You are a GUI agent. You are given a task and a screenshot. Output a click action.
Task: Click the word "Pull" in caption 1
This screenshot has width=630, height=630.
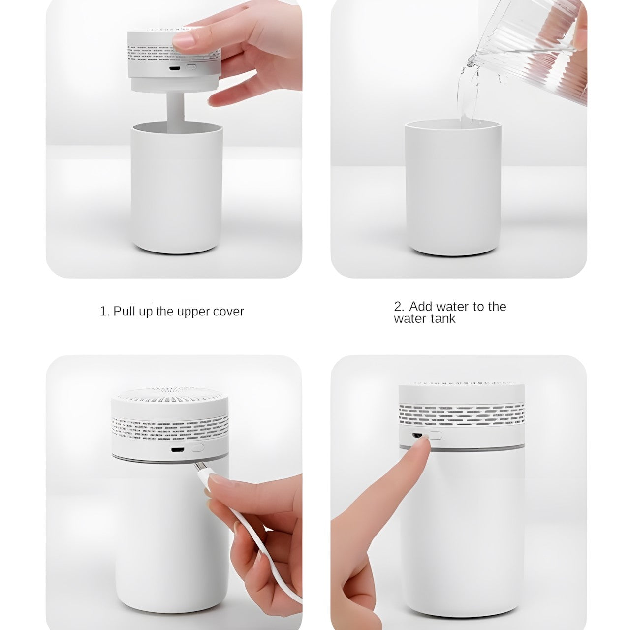click(x=125, y=312)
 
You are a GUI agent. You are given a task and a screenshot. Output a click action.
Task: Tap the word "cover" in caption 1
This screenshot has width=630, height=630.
click(x=228, y=312)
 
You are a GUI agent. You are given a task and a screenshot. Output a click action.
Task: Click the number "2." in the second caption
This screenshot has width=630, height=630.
click(x=399, y=306)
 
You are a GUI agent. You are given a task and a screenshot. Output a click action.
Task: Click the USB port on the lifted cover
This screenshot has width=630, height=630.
click(x=174, y=69)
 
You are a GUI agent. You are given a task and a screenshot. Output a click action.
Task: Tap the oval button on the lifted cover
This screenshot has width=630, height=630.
click(x=190, y=67)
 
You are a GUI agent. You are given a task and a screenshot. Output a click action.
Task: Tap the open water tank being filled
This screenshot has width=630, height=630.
click(x=453, y=188)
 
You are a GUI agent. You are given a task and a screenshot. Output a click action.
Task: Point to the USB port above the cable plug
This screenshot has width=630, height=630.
click(x=176, y=449)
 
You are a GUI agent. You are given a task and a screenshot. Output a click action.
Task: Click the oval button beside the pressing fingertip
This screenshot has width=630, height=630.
click(x=436, y=435)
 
